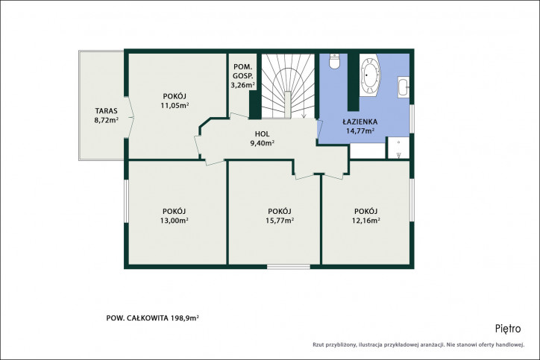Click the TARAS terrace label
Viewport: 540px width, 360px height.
click(x=107, y=111)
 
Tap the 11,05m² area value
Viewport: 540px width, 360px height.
click(x=175, y=105)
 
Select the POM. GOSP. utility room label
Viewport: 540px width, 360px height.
click(x=243, y=72)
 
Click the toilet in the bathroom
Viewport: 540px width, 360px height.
click(x=334, y=61)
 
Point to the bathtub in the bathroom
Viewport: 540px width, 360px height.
click(x=371, y=75)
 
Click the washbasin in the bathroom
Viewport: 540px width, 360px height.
click(x=404, y=88)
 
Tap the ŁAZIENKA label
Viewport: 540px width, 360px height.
click(x=360, y=121)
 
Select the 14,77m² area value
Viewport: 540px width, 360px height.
click(x=360, y=130)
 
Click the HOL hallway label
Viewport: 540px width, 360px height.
click(x=263, y=134)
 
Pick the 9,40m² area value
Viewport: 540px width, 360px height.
click(x=263, y=143)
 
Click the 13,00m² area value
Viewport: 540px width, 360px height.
click(x=175, y=221)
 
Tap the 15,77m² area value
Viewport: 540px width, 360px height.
click(x=280, y=221)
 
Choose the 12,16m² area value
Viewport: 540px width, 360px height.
click(x=365, y=221)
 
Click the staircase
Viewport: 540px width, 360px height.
click(x=288, y=86)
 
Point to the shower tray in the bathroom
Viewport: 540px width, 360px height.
click(x=398, y=148)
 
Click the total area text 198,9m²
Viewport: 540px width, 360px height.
click(x=185, y=318)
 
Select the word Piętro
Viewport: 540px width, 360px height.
click(x=508, y=329)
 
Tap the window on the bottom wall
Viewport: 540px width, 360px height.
click(x=289, y=267)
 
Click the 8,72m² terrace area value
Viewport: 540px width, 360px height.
click(x=107, y=120)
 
